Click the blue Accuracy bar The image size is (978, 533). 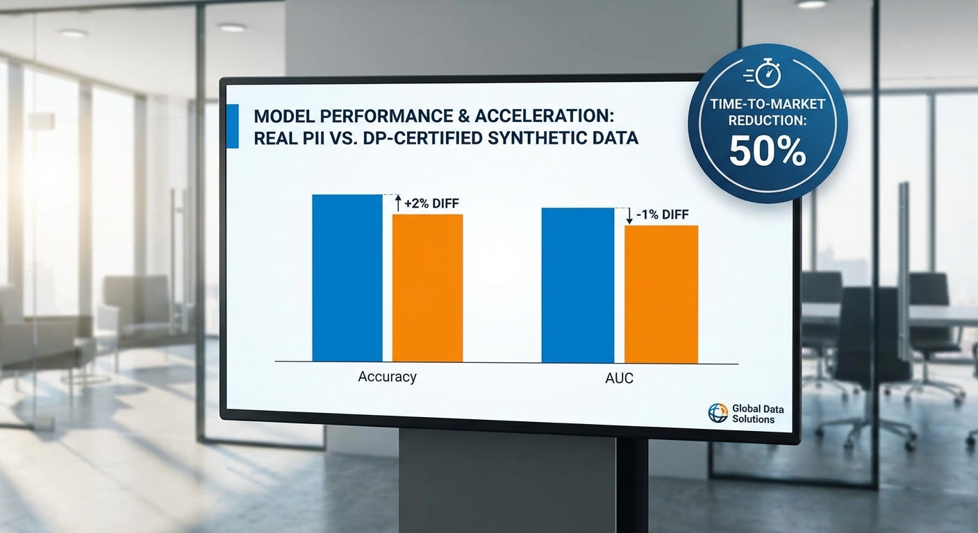coord(347,278)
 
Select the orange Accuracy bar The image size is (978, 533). coord(427,287)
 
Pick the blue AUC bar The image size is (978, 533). coord(578,285)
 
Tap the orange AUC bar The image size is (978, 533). coord(661,294)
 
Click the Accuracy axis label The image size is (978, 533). coord(387,377)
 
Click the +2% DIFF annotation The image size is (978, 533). coord(432,203)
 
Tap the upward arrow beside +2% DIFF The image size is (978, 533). coord(398,203)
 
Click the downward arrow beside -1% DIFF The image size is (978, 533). coord(629,215)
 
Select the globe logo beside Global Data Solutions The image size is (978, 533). coord(718,414)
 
